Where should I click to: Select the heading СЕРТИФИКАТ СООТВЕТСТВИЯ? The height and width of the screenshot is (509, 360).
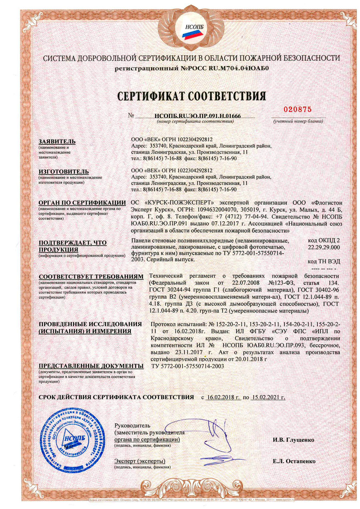[x=192, y=96]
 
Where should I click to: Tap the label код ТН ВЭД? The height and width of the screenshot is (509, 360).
[x=324, y=261]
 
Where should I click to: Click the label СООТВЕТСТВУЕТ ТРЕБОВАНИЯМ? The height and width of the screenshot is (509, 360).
[x=90, y=277]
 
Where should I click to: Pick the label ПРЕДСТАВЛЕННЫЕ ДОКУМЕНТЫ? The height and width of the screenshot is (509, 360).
[x=91, y=366]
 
